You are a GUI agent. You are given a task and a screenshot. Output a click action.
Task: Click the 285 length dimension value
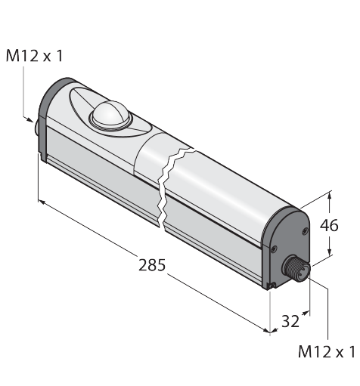coord(152,265)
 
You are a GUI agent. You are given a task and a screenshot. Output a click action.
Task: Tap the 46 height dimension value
coord(329,225)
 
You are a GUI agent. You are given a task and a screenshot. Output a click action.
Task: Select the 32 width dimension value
coord(290,321)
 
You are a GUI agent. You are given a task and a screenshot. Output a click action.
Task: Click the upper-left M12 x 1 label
coord(34,56)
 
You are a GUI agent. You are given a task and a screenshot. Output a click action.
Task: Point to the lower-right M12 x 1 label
coord(327,352)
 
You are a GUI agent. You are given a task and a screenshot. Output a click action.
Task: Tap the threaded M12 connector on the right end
coord(296,268)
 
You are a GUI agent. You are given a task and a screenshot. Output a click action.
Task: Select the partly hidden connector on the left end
coord(36,129)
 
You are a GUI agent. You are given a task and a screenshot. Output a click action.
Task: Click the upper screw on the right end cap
coord(306,230)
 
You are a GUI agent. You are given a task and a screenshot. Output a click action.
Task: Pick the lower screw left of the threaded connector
coord(274,249)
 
